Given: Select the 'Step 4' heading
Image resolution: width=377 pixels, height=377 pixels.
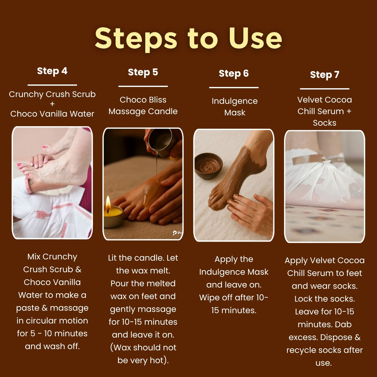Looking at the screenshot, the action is click(x=52, y=71).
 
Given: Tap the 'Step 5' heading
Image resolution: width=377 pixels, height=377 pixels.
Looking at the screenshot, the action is click(x=143, y=72).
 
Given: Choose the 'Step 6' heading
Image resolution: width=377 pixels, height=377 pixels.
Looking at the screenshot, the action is click(x=234, y=74).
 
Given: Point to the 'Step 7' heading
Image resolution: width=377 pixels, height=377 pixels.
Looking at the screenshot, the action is click(x=325, y=75).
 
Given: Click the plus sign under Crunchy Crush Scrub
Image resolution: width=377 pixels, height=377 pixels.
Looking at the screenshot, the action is click(x=52, y=104).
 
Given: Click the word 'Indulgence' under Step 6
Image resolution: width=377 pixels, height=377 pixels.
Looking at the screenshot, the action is click(x=234, y=101).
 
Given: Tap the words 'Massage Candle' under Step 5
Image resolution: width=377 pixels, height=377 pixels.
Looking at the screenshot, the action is click(x=143, y=111).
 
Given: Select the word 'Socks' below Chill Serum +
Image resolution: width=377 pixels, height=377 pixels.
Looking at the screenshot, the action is click(x=324, y=123).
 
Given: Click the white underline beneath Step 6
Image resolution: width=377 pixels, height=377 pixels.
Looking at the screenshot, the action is click(x=234, y=87).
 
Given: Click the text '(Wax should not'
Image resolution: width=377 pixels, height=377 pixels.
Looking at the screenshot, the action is click(x=143, y=348).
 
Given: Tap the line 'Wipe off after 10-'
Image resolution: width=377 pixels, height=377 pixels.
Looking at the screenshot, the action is click(x=234, y=298).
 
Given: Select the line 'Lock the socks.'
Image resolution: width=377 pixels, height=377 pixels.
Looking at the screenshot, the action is click(x=325, y=299).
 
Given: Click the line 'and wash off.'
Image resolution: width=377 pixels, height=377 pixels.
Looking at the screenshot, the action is click(x=52, y=346).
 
